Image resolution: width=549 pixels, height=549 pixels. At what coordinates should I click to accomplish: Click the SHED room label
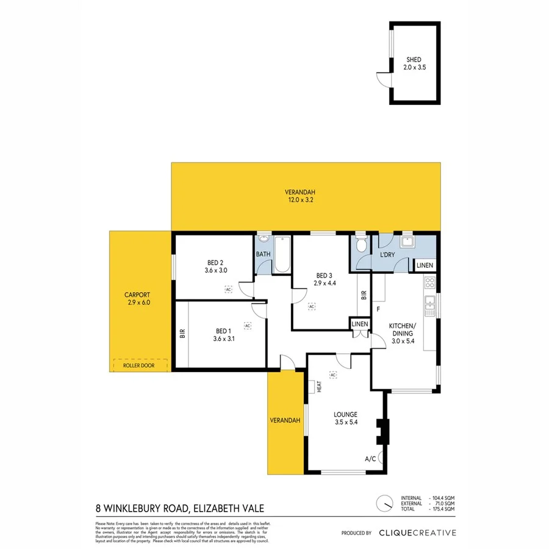(414, 60)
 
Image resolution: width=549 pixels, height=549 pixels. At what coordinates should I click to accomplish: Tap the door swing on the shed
(382, 78)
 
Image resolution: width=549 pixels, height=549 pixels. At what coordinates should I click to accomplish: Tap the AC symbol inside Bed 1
(248, 326)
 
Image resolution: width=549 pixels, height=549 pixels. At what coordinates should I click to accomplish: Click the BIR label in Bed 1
(182, 334)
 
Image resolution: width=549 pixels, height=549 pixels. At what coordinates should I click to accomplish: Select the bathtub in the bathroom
(281, 255)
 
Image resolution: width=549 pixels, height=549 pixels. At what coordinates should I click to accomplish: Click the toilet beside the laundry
(361, 245)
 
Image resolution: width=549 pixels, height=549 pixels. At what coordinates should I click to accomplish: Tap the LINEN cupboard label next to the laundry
(425, 265)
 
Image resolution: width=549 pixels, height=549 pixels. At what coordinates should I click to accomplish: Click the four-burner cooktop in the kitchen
(429, 282)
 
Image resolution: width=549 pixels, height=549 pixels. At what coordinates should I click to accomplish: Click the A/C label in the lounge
(370, 459)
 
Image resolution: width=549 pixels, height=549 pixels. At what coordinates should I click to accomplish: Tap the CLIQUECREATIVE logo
(418, 533)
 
